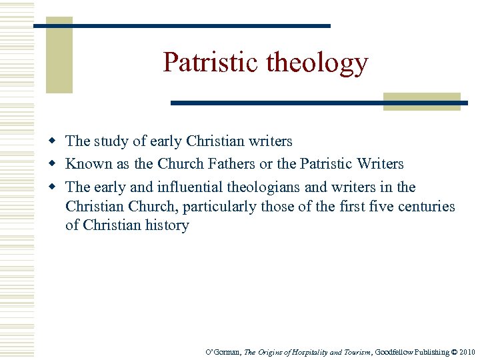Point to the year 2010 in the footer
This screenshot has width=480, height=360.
click(x=467, y=352)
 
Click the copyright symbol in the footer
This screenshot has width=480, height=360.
click(x=454, y=352)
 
